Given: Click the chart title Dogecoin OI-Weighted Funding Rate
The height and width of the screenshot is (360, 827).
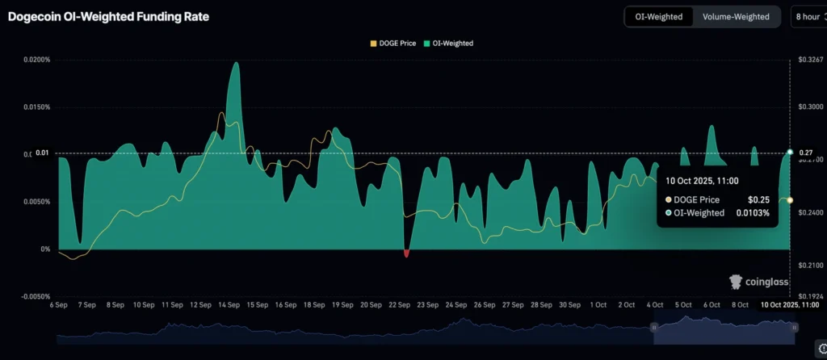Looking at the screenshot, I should pyautogui.click(x=108, y=16).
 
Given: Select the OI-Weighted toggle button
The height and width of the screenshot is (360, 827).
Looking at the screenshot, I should pyautogui.click(x=659, y=16).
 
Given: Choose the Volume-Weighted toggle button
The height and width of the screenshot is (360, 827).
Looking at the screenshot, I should pyautogui.click(x=736, y=16).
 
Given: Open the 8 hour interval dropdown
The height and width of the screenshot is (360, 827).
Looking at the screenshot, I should pyautogui.click(x=808, y=16).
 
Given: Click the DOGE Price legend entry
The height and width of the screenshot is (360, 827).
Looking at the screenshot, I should pyautogui.click(x=393, y=43).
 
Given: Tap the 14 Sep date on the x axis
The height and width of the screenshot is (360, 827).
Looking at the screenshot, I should pyautogui.click(x=228, y=305).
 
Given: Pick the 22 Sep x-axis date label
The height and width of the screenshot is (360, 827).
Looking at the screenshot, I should pyautogui.click(x=400, y=305).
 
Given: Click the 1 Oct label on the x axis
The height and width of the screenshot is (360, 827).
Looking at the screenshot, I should pyautogui.click(x=598, y=305).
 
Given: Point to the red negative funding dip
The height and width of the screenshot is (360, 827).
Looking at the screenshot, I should pyautogui.click(x=406, y=253).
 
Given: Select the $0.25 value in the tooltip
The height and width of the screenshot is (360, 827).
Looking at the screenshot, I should pyautogui.click(x=758, y=199).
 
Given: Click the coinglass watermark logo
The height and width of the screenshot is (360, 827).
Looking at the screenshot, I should pyautogui.click(x=755, y=281).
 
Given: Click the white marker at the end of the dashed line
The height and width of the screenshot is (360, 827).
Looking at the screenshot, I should pyautogui.click(x=789, y=153).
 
